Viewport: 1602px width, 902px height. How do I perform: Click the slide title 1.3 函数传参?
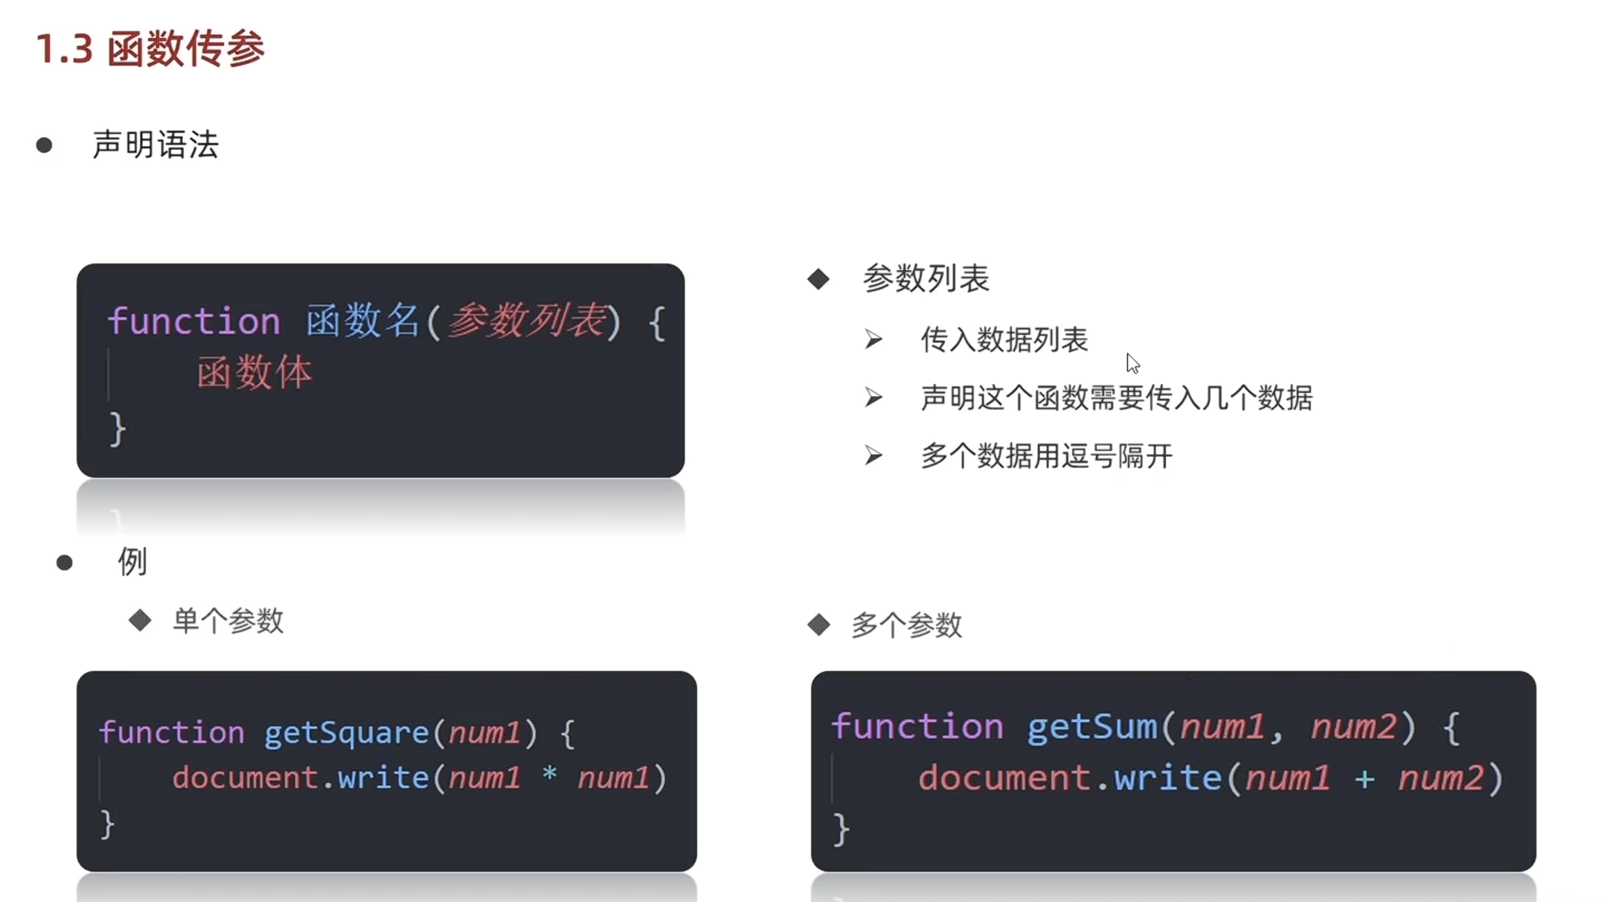(150, 49)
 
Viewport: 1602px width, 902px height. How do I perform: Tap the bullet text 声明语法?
(155, 144)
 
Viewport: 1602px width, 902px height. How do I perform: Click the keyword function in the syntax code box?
(194, 322)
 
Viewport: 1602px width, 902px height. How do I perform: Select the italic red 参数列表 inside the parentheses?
(526, 321)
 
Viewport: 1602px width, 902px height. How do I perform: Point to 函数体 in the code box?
(254, 373)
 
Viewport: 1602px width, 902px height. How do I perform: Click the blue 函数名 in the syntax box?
(363, 322)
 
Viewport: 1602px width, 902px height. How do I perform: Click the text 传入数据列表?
(1004, 340)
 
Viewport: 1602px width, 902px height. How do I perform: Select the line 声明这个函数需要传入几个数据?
(1116, 398)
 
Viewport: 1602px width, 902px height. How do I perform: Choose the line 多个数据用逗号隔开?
(1046, 456)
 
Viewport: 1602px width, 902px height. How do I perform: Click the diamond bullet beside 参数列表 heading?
(818, 279)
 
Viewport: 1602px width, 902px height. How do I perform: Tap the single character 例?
(132, 562)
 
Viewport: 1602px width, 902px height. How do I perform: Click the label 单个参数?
(228, 621)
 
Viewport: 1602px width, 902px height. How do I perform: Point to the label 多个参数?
(906, 625)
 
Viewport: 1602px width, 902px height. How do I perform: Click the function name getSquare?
(347, 733)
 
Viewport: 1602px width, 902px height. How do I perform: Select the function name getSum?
(1092, 726)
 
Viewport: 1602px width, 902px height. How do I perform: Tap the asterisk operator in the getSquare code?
(549, 775)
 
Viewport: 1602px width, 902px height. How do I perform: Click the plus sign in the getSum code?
(1364, 779)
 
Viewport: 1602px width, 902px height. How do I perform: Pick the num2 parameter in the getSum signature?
(1353, 727)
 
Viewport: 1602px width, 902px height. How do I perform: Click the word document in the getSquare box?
(246, 778)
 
